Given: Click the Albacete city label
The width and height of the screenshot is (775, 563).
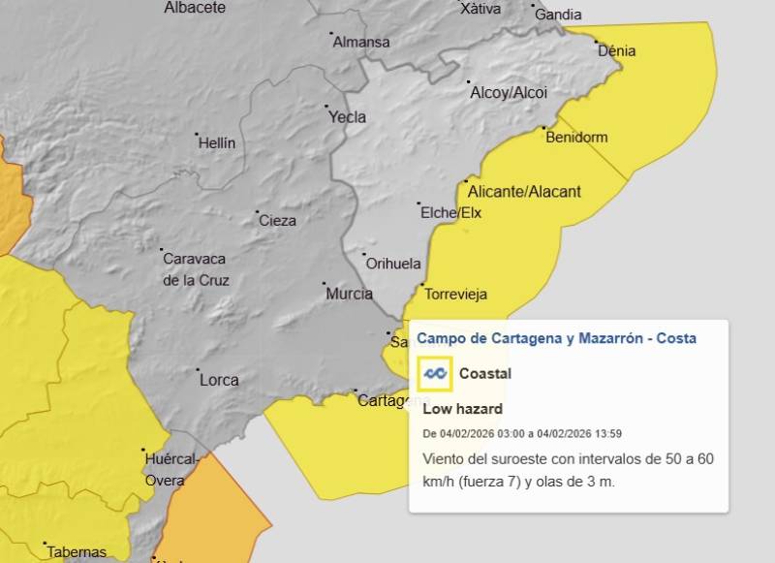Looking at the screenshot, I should (x=194, y=8).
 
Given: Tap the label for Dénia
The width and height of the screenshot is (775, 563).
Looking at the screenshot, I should (x=617, y=50).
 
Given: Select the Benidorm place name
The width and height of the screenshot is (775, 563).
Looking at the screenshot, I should (x=576, y=138).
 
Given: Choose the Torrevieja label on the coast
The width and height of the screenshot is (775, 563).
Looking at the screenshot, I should (x=455, y=295).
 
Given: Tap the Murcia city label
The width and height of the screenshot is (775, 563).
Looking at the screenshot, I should (x=350, y=294).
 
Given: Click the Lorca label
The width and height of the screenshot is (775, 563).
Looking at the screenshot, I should (x=219, y=380).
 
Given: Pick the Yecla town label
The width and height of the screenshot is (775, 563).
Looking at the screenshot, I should (x=348, y=117).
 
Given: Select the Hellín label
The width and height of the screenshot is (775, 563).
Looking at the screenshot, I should (x=216, y=143).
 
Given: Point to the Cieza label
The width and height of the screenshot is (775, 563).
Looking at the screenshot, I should (x=277, y=221).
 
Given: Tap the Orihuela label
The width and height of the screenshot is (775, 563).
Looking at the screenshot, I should (x=392, y=264).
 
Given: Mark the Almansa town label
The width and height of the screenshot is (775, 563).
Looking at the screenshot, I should (x=360, y=43).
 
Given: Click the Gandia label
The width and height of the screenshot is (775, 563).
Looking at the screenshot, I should (x=558, y=15).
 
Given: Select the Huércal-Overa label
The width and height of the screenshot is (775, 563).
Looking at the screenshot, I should (x=171, y=469).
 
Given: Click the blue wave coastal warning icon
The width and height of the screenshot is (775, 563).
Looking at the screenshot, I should (x=435, y=374).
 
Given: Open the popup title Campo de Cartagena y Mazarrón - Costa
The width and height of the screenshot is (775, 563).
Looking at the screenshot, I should (x=556, y=338).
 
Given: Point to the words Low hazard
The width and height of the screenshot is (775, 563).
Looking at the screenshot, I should (x=462, y=409).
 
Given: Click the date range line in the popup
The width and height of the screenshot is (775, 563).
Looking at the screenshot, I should (x=522, y=433).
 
